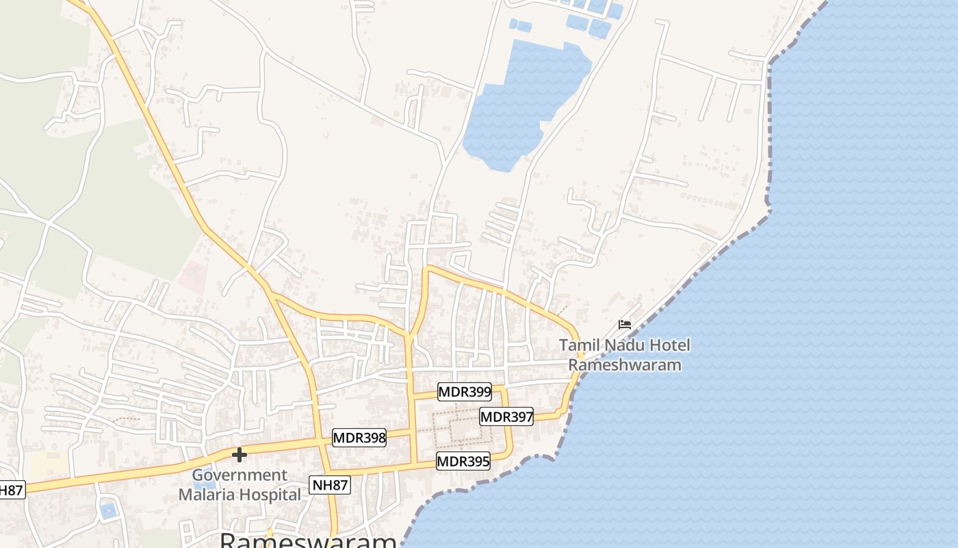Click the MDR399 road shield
pyautogui.click(x=465, y=392)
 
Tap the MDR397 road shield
pyautogui.click(x=506, y=416)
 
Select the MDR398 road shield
pyautogui.click(x=359, y=437)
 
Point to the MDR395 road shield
pyautogui.click(x=463, y=461)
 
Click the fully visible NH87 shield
pyautogui.click(x=329, y=485)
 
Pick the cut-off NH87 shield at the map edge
pyautogui.click(x=11, y=490)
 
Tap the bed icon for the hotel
pyautogui.click(x=624, y=324)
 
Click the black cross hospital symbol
pyautogui.click(x=239, y=454)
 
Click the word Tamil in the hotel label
pyautogui.click(x=578, y=345)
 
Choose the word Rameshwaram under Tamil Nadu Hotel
pyautogui.click(x=625, y=364)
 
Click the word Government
pyautogui.click(x=239, y=475)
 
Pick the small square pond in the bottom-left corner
pyautogui.click(x=108, y=510)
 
